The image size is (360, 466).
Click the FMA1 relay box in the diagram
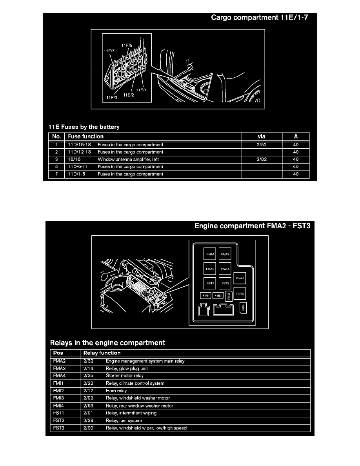pyautogui.click(x=210, y=255)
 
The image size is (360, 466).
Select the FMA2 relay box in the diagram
pyautogui.click(x=225, y=255)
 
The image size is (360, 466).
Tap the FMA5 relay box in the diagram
pyautogui.click(x=240, y=279)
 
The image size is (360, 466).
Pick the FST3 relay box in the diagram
pyautogui.click(x=240, y=294)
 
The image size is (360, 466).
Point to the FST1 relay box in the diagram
pyautogui.click(x=210, y=282)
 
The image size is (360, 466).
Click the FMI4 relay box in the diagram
pyautogui.click(x=243, y=308)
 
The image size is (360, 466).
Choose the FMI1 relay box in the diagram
pyautogui.click(x=205, y=296)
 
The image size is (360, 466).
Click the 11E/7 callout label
pyautogui.click(x=109, y=51)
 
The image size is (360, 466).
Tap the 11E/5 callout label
pyautogui.click(x=126, y=46)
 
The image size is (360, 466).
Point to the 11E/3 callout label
pyautogui.click(x=111, y=98)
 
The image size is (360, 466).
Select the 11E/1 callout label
pyautogui.click(x=141, y=90)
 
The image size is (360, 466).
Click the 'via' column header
pyautogui.click(x=261, y=137)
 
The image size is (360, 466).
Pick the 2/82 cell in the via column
pyautogui.click(x=261, y=159)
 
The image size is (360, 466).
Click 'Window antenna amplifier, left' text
pyautogui.click(x=128, y=159)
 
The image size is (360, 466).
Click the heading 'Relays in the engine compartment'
pyautogui.click(x=107, y=342)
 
